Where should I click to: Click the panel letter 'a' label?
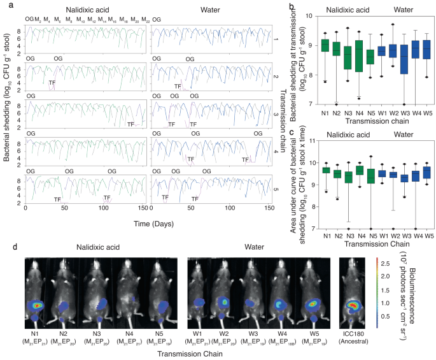pos(4,6)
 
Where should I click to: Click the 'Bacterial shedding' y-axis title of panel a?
pos(8,115)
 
